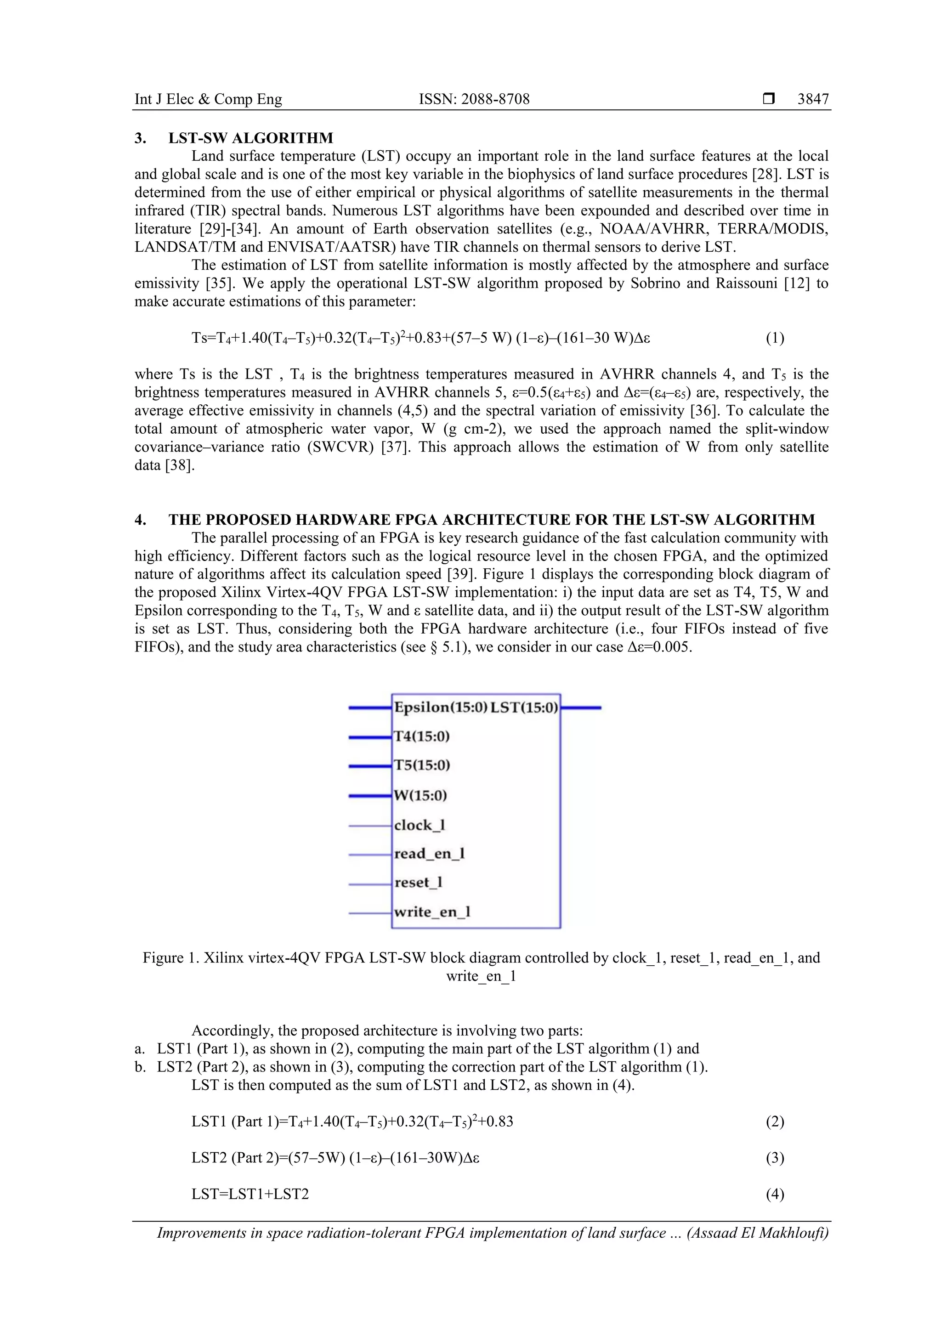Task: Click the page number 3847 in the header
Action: pos(812,99)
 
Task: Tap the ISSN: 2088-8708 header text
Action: pos(474,99)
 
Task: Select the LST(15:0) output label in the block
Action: pos(523,707)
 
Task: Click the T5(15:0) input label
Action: pos(421,765)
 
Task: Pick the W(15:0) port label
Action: pos(420,795)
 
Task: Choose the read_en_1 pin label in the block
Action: pos(429,854)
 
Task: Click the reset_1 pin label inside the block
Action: pos(418,883)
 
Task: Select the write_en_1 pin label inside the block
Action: pos(432,912)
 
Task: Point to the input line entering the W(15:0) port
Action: pos(370,796)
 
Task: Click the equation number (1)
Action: pos(775,338)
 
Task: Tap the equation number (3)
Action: pos(775,1158)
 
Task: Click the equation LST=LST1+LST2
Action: pos(250,1194)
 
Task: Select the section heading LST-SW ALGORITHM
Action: pos(250,138)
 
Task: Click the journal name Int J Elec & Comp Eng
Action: pos(208,99)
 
